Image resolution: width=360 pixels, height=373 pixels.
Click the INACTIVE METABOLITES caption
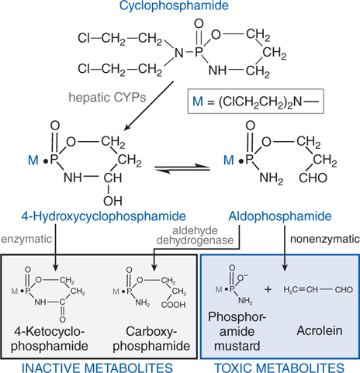(98, 362)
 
